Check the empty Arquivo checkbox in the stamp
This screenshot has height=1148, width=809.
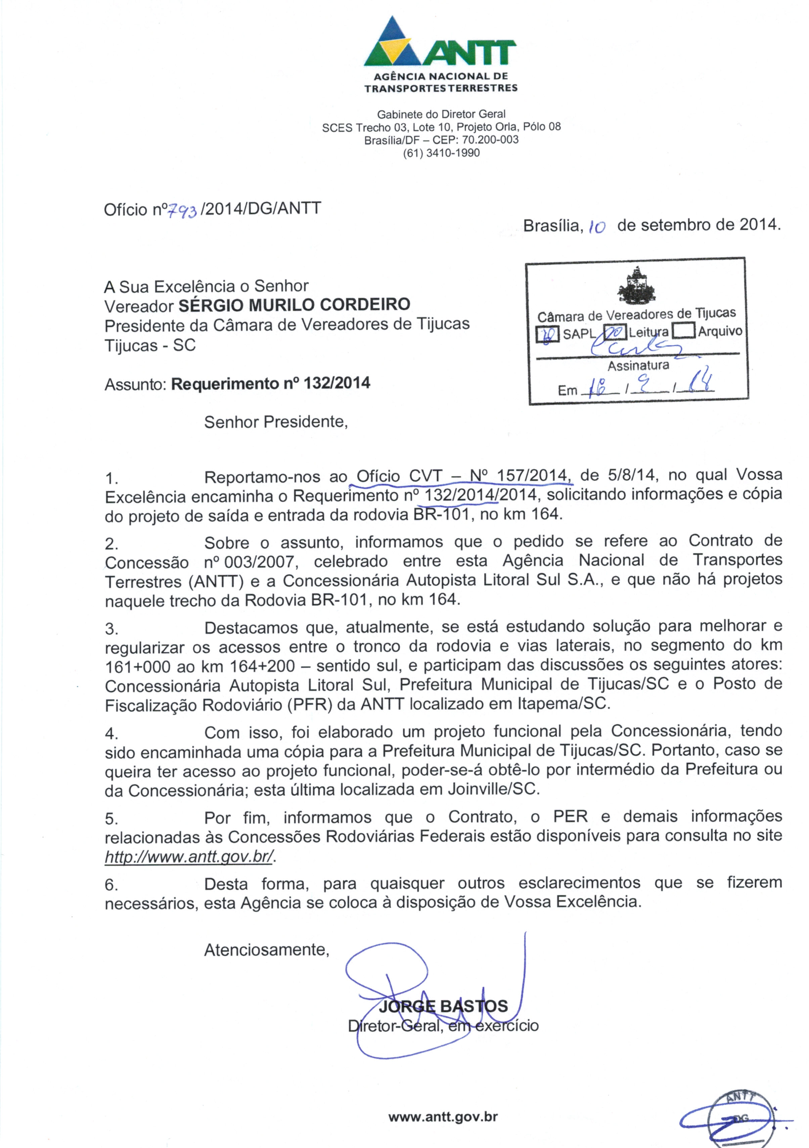click(683, 331)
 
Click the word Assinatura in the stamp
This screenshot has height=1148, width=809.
click(638, 365)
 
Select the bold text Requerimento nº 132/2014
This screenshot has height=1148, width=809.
click(270, 384)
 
